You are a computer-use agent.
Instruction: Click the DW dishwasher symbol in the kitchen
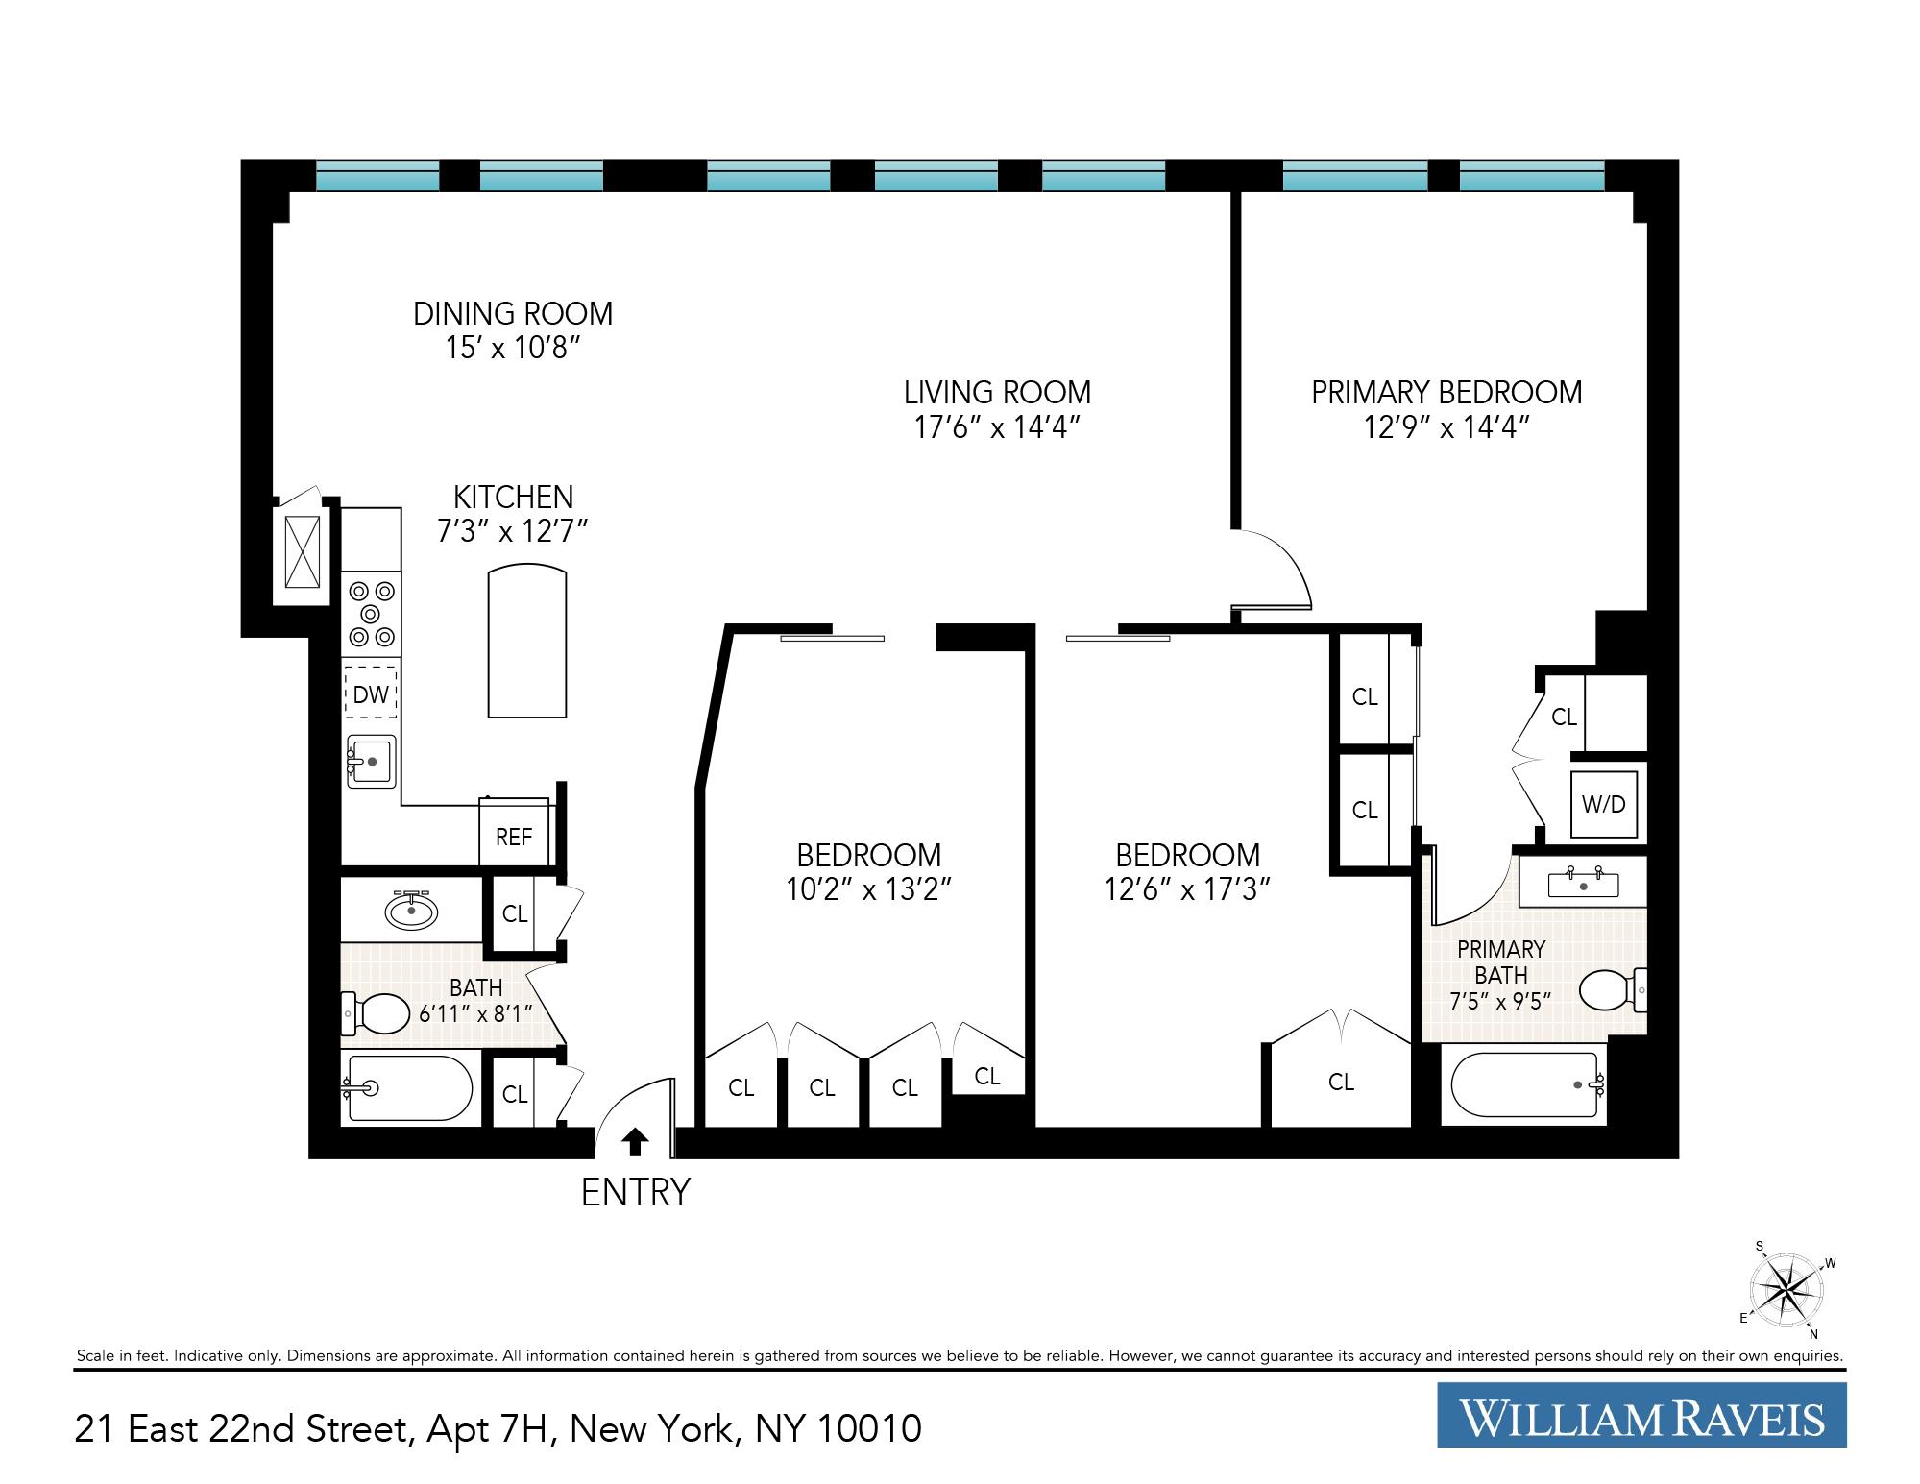pyautogui.click(x=371, y=693)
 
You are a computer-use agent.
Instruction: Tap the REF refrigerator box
pyautogui.click(x=514, y=837)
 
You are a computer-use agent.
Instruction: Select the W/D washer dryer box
pyautogui.click(x=1604, y=804)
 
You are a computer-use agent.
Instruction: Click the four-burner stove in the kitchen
pyautogui.click(x=372, y=614)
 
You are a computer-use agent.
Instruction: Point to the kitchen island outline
pyautogui.click(x=527, y=641)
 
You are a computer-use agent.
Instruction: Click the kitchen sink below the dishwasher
pyautogui.click(x=372, y=761)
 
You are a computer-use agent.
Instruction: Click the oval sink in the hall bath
pyautogui.click(x=411, y=909)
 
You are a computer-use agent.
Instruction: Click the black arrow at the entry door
pyautogui.click(x=636, y=1141)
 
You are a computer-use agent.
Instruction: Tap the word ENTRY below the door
pyautogui.click(x=636, y=1192)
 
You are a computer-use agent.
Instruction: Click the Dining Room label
pyautogui.click(x=513, y=314)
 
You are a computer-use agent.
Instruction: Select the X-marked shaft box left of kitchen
pyautogui.click(x=303, y=551)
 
